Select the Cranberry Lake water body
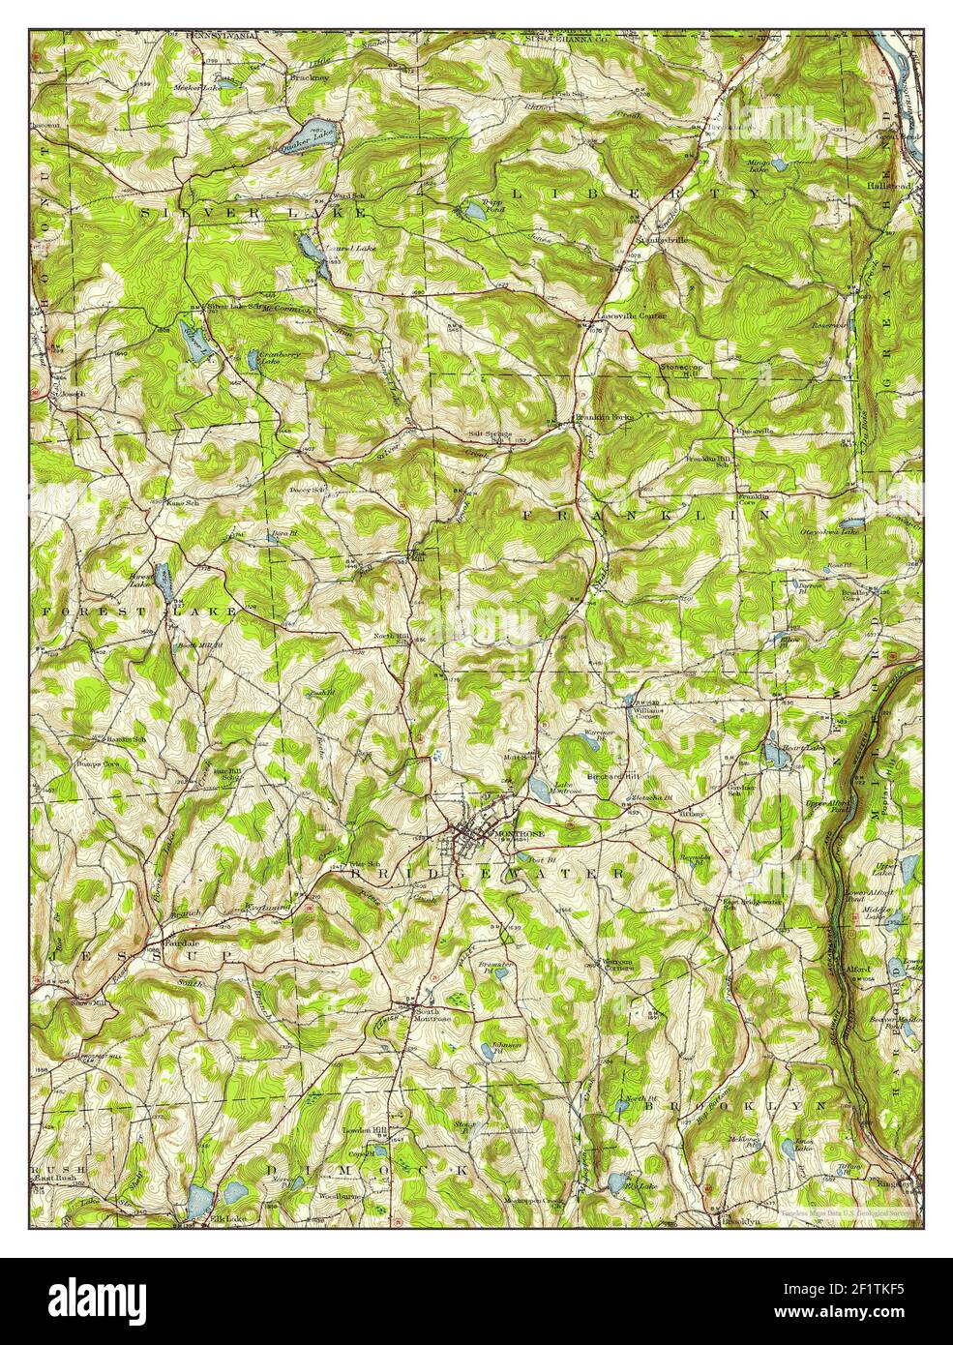click(x=253, y=360)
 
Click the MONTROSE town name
click(x=519, y=832)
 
